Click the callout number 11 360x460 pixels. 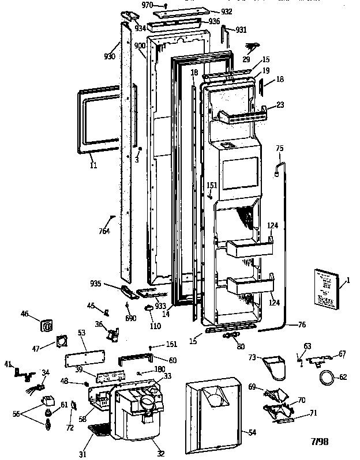pyautogui.click(x=93, y=165)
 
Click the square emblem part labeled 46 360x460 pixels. pyautogui.click(x=47, y=326)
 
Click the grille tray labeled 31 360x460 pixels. pyautogui.click(x=102, y=430)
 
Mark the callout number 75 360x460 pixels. pyautogui.click(x=280, y=149)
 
